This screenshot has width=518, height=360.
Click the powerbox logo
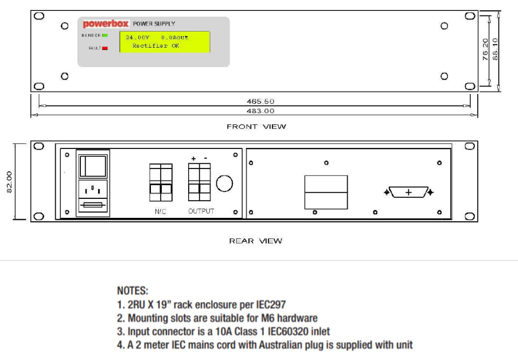[x=106, y=24]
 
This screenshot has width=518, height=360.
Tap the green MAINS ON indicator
[x=106, y=36]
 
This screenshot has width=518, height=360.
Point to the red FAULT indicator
[x=105, y=48]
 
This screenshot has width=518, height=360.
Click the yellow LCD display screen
[x=164, y=42]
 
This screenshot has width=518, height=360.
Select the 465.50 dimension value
[x=260, y=101]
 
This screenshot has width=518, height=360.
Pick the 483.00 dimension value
[x=260, y=111]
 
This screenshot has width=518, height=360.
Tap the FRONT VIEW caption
[x=256, y=126]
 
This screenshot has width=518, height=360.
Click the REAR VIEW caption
[x=256, y=241]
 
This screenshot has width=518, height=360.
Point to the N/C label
[x=161, y=212]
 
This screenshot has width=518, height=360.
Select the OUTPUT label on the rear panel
[x=201, y=211]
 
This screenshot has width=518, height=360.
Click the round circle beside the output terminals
[x=224, y=183]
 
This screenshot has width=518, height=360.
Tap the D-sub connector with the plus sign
[x=408, y=192]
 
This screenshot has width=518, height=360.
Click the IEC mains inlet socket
[x=92, y=189]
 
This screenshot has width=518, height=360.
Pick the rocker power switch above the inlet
[x=92, y=166]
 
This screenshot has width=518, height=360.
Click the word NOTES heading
[x=133, y=291]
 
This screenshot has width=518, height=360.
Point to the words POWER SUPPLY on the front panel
[x=154, y=24]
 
